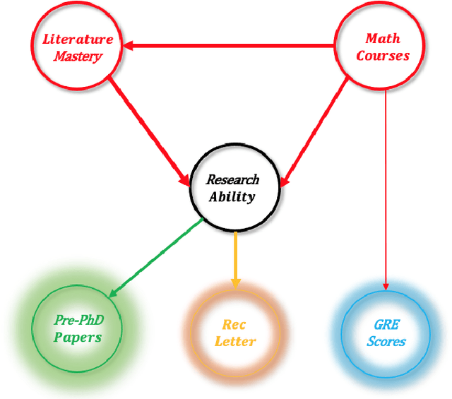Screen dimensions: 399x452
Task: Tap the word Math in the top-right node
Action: (382, 39)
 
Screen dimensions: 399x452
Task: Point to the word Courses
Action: (382, 56)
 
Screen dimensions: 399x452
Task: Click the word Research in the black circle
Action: (232, 179)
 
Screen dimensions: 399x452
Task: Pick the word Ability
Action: (232, 196)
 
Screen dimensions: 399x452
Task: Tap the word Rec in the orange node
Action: (234, 325)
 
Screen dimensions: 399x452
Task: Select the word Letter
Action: (234, 342)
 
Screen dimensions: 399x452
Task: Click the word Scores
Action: (386, 342)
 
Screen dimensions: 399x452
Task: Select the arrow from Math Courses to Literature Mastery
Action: (233, 47)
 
